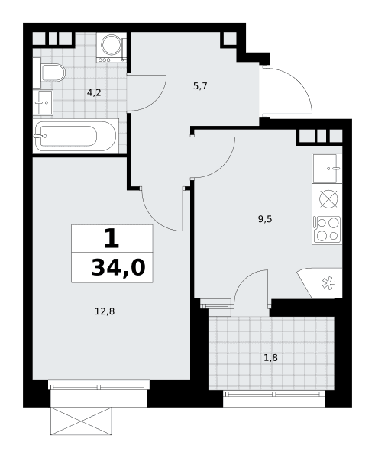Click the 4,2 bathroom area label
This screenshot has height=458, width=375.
tap(94, 93)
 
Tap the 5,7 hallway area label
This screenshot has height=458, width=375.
tap(200, 86)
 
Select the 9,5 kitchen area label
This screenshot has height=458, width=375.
tap(265, 219)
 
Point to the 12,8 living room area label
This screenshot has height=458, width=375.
tap(105, 311)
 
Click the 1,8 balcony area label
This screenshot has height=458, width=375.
tap(270, 357)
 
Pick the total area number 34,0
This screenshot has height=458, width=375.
tap(118, 268)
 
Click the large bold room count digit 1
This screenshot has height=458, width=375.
tap(112, 238)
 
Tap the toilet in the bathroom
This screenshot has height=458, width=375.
tap(53, 73)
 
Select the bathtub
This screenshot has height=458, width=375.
tap(76, 136)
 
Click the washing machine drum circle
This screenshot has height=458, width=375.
tap(111, 44)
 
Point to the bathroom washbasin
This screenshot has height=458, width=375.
tap(45, 102)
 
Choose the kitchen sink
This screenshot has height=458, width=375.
tap(327, 168)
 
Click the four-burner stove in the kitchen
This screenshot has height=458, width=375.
tap(327, 230)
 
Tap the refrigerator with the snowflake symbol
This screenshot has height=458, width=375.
tap(327, 283)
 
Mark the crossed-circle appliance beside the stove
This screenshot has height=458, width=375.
tap(328, 199)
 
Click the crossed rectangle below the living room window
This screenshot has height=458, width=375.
tap(81, 421)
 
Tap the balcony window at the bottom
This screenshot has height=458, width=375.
tap(273, 393)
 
